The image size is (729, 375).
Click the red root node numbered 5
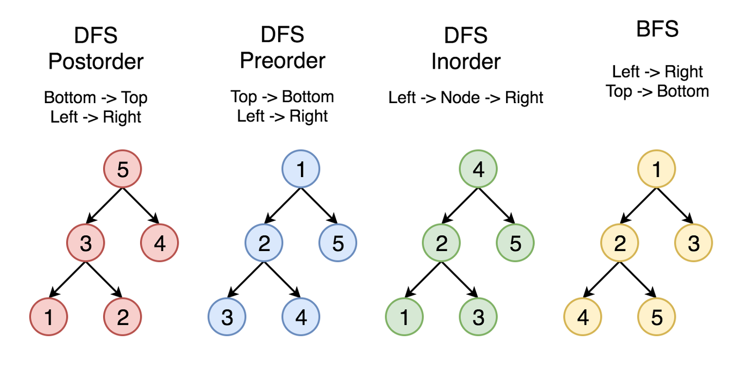[122, 169]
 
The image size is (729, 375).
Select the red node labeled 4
[159, 243]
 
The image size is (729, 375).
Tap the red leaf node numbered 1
[48, 317]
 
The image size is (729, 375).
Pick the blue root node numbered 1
[300, 169]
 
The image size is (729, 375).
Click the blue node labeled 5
[338, 243]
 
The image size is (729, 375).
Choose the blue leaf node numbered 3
[227, 317]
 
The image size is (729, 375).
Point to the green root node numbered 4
[478, 169]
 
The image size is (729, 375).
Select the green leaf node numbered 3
[478, 317]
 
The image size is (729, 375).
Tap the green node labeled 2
[441, 243]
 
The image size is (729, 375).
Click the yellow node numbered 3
[693, 243]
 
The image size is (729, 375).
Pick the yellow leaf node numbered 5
[656, 317]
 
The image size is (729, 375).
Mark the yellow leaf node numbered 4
[583, 317]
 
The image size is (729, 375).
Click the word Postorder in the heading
[96, 61]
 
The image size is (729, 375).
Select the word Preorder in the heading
[282, 60]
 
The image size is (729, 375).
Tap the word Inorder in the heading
[466, 61]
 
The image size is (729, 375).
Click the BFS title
[657, 29]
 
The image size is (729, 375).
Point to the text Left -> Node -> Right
[466, 97]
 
